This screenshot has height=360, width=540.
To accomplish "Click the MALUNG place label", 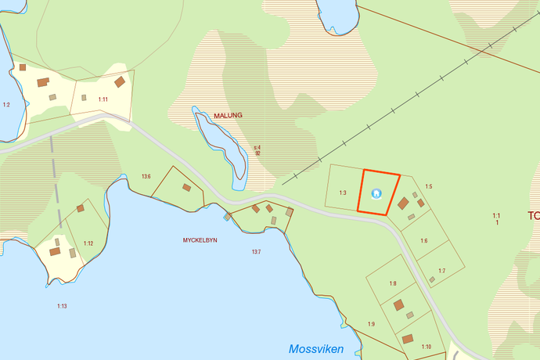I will point(229,115).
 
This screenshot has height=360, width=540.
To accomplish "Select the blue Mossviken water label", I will point(315,349).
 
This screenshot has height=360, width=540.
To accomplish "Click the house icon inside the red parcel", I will point(376,193).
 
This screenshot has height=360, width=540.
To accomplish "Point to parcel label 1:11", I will point(103,99).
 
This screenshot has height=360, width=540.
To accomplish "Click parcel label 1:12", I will point(88,243).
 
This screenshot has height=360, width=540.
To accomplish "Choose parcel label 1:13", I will point(61,305).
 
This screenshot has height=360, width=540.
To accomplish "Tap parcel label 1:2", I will point(6,104).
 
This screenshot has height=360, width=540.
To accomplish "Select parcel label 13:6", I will point(146,177).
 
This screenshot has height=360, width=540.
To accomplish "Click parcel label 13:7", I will point(256,251).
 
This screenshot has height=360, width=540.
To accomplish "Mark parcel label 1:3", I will point(343,193).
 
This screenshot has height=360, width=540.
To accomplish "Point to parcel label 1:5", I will point(428,186).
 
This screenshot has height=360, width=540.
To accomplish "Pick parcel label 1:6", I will point(423,240).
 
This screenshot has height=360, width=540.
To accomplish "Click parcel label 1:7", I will point(441,271).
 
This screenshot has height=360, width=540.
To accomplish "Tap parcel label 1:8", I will point(393,283).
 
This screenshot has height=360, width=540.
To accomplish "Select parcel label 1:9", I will point(372,324).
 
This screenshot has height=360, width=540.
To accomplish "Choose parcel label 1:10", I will point(427,346).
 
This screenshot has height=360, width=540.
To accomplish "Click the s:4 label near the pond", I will point(257,147).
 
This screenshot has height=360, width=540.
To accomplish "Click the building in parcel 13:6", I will point(186,187).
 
